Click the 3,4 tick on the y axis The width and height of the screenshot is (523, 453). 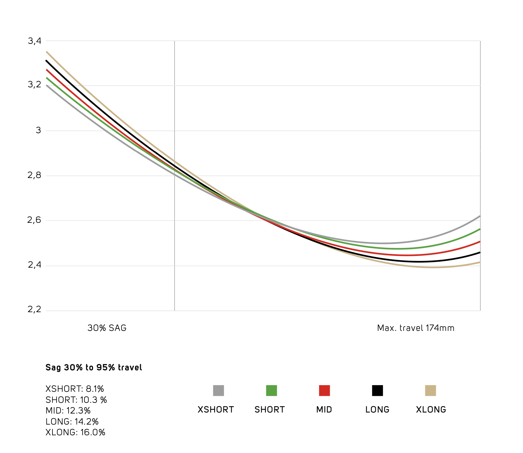[x=34, y=41]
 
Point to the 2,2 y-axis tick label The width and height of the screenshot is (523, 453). [x=34, y=309]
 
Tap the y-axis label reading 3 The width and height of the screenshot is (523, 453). [x=38, y=130]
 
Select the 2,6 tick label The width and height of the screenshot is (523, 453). [x=34, y=220]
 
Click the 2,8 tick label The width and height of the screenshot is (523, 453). [x=34, y=175]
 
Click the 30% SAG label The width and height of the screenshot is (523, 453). [x=107, y=328]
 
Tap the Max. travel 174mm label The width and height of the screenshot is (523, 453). [x=416, y=328]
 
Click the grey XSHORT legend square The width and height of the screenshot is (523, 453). [x=218, y=390]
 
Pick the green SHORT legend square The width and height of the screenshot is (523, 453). [x=272, y=390]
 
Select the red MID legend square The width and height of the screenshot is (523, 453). [x=324, y=390]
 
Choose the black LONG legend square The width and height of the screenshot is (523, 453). [x=378, y=390]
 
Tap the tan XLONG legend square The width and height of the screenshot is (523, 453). [x=430, y=390]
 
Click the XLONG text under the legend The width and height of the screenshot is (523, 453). [x=431, y=410]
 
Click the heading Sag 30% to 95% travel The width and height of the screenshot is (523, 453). [x=94, y=368]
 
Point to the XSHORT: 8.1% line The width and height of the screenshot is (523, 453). [x=75, y=389]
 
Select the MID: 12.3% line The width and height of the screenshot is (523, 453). [x=68, y=411]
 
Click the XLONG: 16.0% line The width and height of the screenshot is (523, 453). [x=75, y=432]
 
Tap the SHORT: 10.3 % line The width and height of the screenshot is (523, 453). [x=76, y=400]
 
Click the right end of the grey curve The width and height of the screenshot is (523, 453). [x=480, y=216]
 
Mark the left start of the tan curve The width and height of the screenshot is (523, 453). [x=47, y=52]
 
